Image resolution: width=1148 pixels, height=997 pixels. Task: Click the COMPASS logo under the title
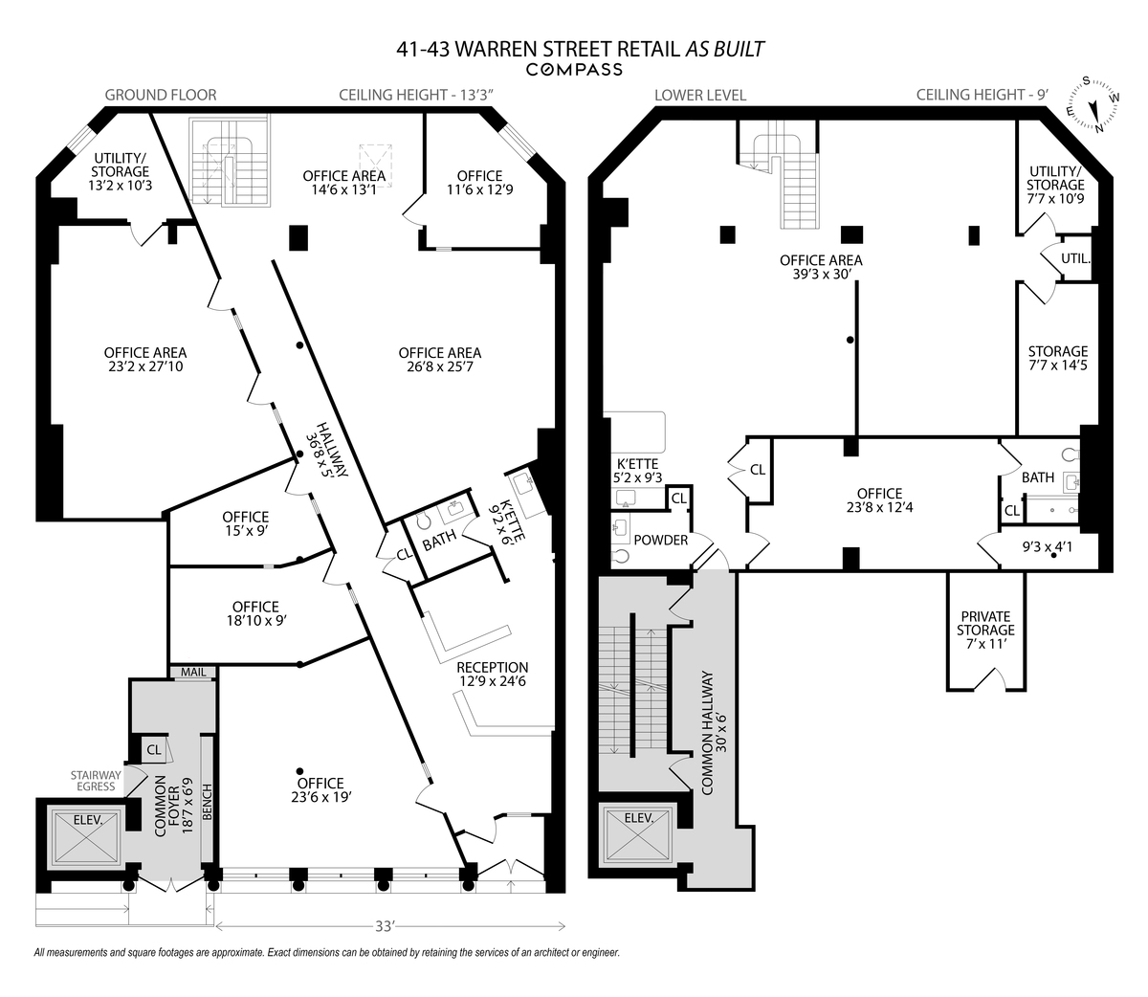point(574,70)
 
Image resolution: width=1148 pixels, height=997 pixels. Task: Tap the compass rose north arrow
point(1093,113)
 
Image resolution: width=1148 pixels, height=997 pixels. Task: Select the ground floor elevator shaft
point(85,837)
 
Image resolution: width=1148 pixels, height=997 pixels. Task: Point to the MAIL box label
point(193,672)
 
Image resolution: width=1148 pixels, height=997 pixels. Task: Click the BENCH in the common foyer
point(207,802)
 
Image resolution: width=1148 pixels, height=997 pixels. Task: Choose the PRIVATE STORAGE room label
point(985,631)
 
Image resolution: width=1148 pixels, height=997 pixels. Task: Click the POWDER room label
point(660,540)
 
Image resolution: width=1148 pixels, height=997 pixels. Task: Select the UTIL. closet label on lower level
point(1075,259)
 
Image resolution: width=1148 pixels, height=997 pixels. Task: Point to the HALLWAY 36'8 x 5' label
point(326,450)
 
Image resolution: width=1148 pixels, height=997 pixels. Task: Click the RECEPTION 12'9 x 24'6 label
point(492,674)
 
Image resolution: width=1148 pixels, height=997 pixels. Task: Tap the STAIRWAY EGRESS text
point(96,781)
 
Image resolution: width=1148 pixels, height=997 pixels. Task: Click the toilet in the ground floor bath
point(424,521)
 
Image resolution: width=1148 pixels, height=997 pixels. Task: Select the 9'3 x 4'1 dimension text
point(1047,546)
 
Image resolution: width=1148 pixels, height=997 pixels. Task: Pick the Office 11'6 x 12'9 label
point(479,183)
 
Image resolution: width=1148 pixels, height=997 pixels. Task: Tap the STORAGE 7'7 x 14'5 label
point(1058,358)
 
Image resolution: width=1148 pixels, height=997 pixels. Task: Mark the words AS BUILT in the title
point(725,49)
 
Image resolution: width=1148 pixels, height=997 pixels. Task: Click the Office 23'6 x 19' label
point(320,790)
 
